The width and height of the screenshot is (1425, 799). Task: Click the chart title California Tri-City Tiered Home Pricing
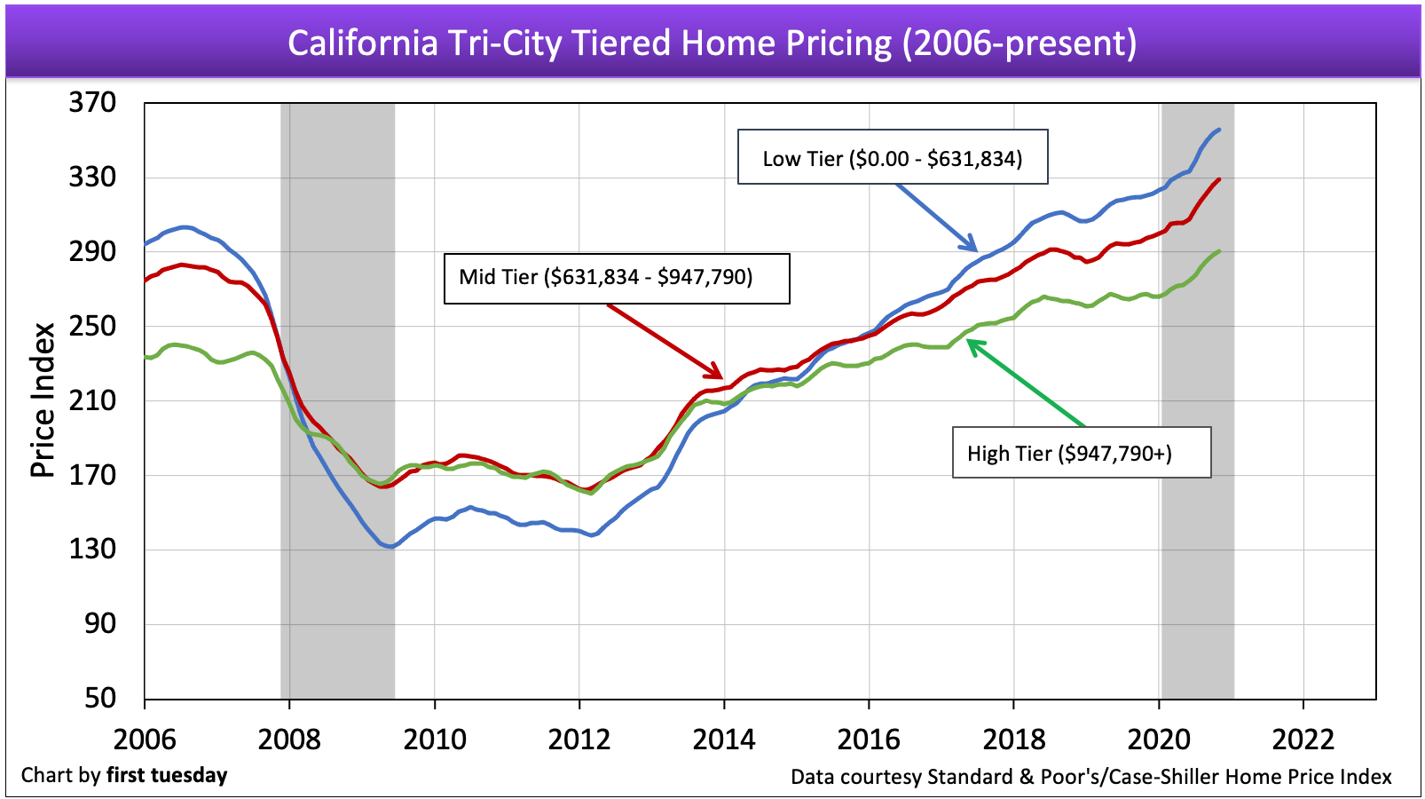click(x=712, y=43)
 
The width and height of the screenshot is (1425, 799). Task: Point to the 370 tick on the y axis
click(x=92, y=103)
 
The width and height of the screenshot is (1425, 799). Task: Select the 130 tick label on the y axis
click(x=92, y=549)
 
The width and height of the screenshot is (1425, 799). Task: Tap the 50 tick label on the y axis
click(x=100, y=698)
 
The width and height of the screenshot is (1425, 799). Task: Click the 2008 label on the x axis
click(x=289, y=739)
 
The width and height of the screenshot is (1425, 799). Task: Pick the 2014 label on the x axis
click(x=724, y=739)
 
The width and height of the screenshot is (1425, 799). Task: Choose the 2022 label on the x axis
click(x=1303, y=739)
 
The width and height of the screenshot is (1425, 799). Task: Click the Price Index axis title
click(x=43, y=399)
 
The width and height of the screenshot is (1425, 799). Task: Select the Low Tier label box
click(x=893, y=158)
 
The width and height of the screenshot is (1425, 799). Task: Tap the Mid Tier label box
click(x=617, y=279)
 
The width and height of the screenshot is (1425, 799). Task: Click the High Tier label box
click(x=1081, y=454)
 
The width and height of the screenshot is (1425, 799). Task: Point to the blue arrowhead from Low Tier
click(x=974, y=249)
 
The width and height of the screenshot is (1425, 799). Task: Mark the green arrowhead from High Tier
click(x=970, y=344)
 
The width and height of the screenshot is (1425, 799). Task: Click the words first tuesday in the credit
click(x=167, y=775)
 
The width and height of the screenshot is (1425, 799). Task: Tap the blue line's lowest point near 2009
click(x=390, y=546)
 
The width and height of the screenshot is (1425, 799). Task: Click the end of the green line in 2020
click(x=1219, y=251)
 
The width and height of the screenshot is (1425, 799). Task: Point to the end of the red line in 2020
click(x=1219, y=179)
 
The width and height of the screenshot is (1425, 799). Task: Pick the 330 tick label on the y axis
click(x=92, y=178)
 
